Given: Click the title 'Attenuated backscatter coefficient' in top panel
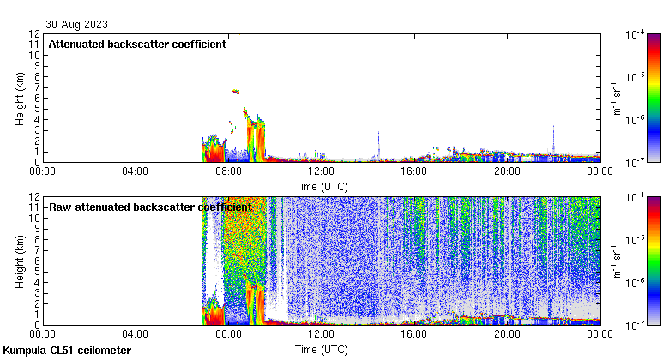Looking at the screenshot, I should point(137,45).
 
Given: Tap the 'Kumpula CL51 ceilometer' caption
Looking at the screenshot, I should point(67,351).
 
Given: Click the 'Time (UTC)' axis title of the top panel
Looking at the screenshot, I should point(321,185).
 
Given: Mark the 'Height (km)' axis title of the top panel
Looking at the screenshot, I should point(20,98).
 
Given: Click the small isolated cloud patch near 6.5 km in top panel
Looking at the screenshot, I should point(235,92).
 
